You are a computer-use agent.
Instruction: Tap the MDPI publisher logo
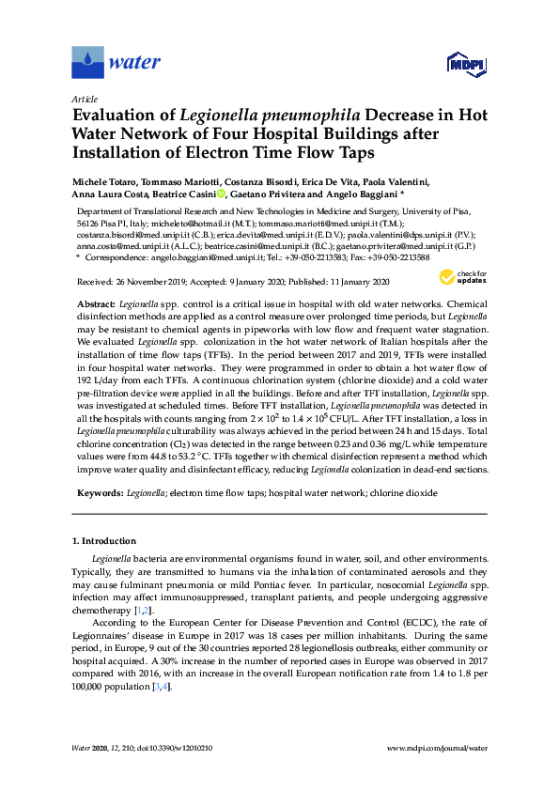(x=465, y=64)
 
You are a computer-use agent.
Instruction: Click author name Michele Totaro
(x=109, y=181)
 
